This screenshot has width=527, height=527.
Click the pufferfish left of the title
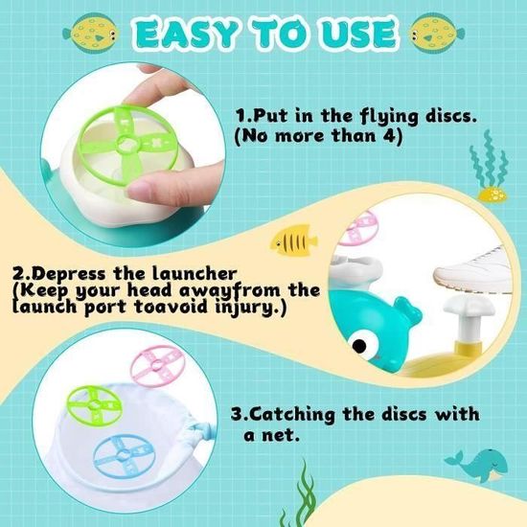pos(91,33)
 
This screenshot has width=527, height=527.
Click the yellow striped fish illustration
pos(293,241)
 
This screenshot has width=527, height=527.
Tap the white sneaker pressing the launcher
pos(473,270)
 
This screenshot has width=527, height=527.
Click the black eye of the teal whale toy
pos(359,345)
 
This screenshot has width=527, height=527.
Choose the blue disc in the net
pos(125,455)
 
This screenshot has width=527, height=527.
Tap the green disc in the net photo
pos(95,406)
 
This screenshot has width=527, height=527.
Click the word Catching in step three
pos(292,415)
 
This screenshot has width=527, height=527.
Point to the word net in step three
pos(281,436)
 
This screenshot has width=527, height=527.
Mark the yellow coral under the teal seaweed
pos(493,195)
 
